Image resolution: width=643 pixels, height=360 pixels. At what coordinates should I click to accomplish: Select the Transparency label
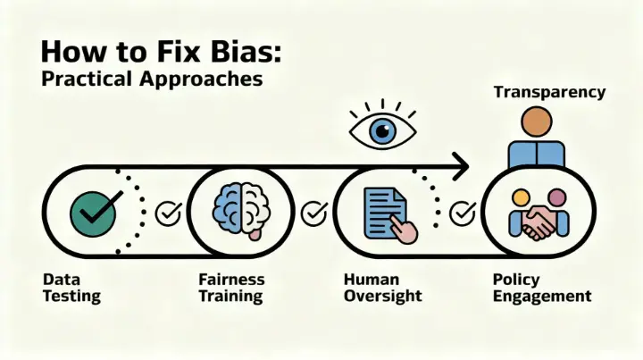coord(549,92)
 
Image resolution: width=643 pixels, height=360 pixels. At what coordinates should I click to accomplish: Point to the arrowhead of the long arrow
coord(460,164)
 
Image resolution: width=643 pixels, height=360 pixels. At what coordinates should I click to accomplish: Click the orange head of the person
coord(537,121)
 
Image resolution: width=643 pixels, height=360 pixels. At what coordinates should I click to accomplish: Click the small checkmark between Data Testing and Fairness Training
coord(168,213)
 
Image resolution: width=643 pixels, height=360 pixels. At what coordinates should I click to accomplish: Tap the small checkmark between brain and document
coord(313,213)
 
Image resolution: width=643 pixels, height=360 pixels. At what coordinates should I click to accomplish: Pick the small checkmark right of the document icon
coord(462,213)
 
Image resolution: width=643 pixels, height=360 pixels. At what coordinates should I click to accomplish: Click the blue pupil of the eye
coord(385,132)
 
